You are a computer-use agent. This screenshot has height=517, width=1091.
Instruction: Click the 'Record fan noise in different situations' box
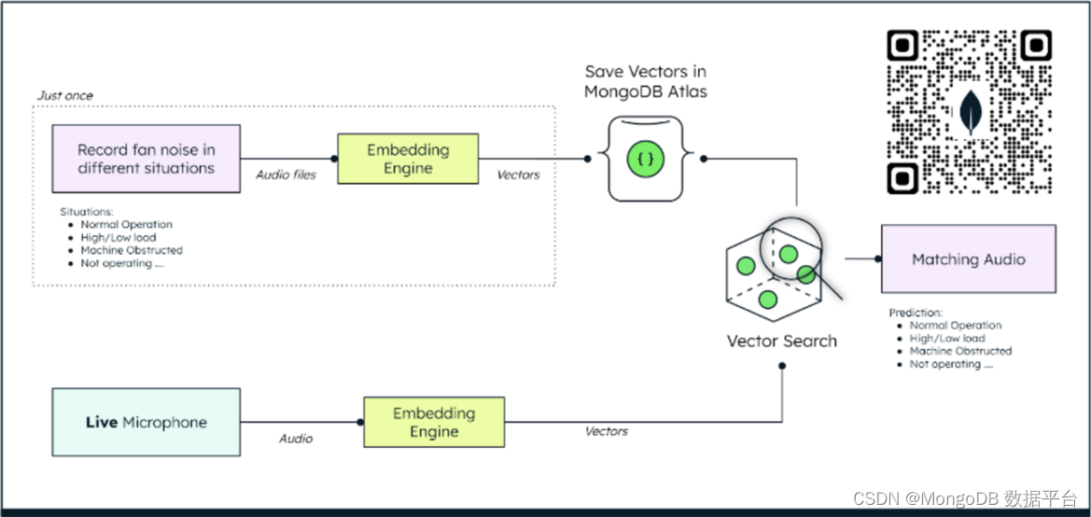point(146,160)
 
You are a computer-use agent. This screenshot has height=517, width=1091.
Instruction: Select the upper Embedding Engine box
point(407,160)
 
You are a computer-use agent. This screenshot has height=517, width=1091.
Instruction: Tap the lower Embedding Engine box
point(434,423)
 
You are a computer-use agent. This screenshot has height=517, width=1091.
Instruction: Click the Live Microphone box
point(146,423)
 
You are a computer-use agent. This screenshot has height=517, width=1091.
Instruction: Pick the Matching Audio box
point(968,259)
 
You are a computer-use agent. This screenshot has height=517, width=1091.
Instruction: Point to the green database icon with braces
point(645,160)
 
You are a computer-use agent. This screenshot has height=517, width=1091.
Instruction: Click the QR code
point(970,112)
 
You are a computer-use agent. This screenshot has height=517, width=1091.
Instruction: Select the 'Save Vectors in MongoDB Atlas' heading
point(645,81)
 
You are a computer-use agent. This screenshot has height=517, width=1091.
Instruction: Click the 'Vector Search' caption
point(782,342)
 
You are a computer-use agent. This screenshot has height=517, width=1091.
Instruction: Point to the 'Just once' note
point(65,95)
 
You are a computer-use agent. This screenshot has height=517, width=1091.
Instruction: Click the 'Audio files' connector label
point(287,175)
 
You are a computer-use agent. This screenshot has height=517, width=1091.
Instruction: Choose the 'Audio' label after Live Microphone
point(296,439)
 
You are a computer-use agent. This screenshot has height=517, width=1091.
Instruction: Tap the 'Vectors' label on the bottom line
point(607,431)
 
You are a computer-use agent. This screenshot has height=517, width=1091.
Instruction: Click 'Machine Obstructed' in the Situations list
point(132,251)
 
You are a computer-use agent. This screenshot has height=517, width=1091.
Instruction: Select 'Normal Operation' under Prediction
point(956,326)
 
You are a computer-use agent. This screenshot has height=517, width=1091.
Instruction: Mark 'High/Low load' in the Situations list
point(119,238)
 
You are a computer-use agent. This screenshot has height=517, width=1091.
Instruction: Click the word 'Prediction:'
point(916,313)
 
